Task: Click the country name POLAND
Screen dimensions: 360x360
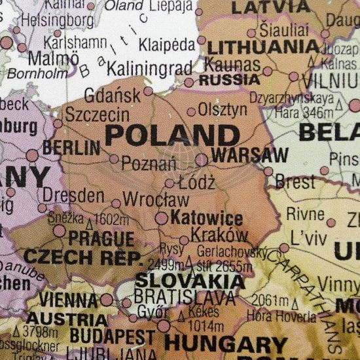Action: pos(171,135)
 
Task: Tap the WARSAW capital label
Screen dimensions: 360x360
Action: pos(249,156)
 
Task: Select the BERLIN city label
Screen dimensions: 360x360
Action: pos(71,147)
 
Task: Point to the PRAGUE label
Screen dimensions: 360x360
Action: pos(101,239)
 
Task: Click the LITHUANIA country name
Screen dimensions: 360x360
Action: pos(264,47)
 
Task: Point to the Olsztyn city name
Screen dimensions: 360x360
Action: pos(223,109)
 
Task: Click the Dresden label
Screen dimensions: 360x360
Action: pos(73,195)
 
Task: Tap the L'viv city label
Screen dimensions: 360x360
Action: pos(310,238)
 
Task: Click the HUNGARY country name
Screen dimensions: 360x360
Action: pos(225,344)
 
